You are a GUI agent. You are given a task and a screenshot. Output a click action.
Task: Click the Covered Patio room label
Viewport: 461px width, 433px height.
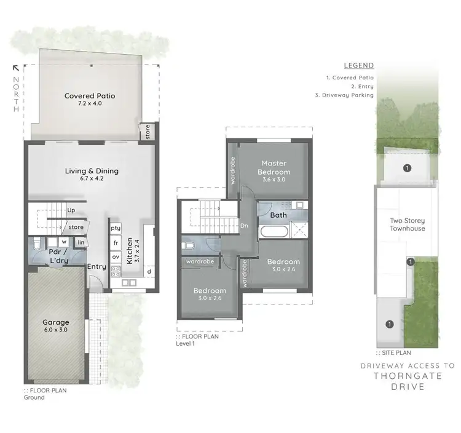[90, 96]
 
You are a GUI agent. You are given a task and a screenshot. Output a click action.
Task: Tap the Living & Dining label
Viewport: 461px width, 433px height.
[92, 171]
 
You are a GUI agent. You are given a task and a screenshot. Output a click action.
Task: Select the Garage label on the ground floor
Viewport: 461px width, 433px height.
[55, 322]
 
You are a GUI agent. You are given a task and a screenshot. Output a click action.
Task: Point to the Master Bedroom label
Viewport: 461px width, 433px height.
[274, 167]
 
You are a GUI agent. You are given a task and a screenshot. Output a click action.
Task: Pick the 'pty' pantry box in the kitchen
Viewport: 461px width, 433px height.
[116, 228]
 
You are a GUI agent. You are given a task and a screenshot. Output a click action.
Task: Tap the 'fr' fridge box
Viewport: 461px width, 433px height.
[116, 242]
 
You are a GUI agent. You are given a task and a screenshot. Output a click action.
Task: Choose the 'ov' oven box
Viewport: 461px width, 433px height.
[116, 256]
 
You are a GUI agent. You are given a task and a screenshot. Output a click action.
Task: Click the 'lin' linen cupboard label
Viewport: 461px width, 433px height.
[81, 242]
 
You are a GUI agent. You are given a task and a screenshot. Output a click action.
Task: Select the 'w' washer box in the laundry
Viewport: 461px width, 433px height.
[63, 242]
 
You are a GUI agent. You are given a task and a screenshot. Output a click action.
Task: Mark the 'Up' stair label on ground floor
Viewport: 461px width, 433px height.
[71, 210]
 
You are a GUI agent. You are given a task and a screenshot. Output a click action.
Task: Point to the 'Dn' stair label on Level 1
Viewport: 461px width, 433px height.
[243, 225]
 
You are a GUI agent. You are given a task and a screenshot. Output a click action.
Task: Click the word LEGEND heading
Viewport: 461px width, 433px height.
[358, 65]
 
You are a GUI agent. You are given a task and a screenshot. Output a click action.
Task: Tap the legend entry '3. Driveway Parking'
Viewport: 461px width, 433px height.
[350, 95]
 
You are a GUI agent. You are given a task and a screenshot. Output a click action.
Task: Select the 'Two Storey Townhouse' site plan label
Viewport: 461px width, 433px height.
[407, 224]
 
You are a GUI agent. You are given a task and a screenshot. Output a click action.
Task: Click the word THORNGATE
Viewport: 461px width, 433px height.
[406, 377]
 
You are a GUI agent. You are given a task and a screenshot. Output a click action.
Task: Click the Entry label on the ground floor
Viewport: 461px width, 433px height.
[97, 266]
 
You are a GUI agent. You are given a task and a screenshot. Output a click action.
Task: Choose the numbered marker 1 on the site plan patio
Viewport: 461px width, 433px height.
[406, 167]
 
